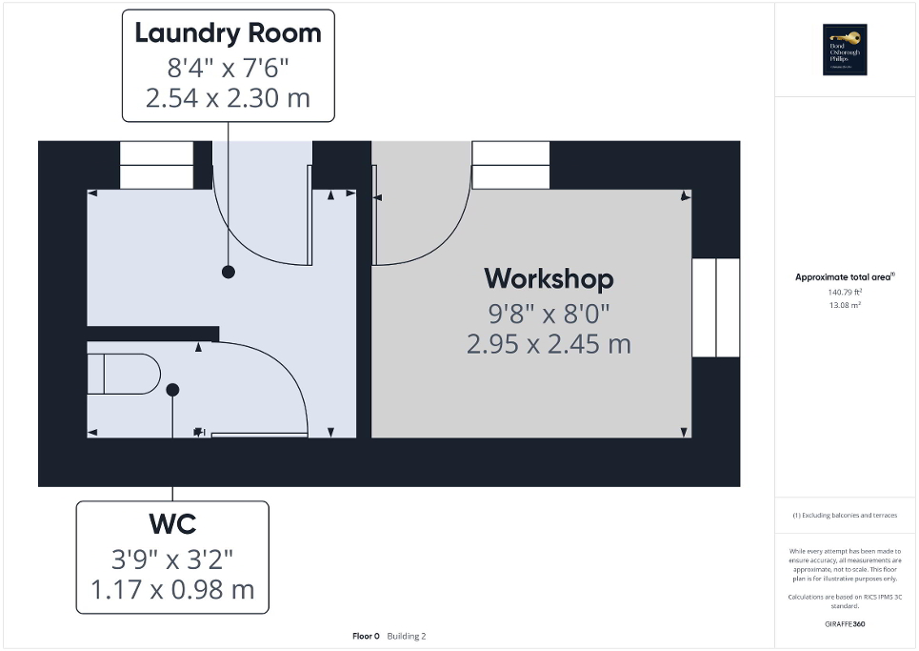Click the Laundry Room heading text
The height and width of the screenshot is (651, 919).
coord(228,33)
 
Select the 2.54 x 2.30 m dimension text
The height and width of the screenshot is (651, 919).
coord(228,97)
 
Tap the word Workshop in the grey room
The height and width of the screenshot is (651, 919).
coord(549,278)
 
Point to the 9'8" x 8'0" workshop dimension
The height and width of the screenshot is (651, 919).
coord(549,312)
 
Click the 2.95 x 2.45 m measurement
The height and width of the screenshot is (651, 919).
coord(549,344)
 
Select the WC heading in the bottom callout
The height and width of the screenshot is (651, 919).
coord(172,524)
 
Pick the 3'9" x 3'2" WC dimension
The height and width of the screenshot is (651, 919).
coord(172,557)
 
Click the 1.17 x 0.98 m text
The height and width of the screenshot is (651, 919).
coord(172,589)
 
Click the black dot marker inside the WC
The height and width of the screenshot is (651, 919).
coord(172,390)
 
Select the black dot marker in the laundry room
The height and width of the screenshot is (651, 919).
coord(228,273)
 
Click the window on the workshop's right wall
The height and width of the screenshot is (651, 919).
coord(715,307)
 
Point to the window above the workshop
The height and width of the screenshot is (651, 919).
coord(511,165)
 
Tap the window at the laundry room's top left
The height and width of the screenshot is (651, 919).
coord(156,165)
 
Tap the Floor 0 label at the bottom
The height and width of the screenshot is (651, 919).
coord(367,636)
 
